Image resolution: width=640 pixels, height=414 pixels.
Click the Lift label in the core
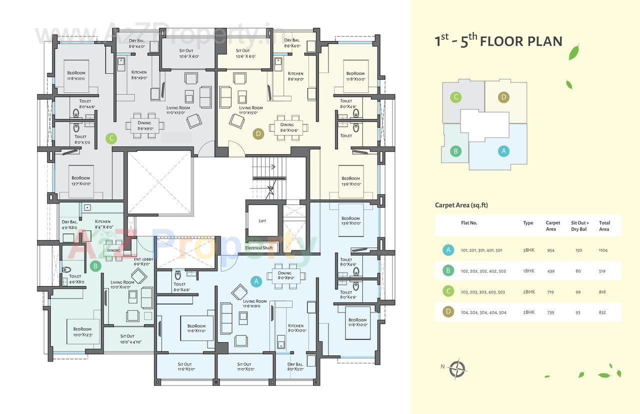pyautogui.click(x=262, y=221)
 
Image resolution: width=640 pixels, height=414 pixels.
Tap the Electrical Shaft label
pyautogui.click(x=258, y=247)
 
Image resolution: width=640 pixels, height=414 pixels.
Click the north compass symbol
pyautogui.click(x=456, y=369)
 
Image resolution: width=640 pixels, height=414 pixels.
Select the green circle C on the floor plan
pyautogui.click(x=111, y=138)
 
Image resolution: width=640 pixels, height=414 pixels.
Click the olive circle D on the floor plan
pyautogui.click(x=258, y=133)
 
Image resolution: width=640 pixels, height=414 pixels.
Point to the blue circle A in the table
pyautogui.click(x=448, y=250)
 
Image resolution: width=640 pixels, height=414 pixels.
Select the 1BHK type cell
pyautogui.click(x=528, y=271)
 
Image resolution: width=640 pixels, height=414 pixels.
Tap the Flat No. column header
pyautogui.click(x=469, y=223)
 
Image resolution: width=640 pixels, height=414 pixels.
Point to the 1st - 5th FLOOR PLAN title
pyautogui.click(x=498, y=41)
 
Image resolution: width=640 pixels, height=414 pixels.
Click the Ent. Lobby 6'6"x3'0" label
pyautogui.click(x=143, y=261)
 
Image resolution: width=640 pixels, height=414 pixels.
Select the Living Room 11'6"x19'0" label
pyautogui.click(x=254, y=303)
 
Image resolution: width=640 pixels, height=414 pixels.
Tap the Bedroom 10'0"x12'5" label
pyautogui.click(x=82, y=331)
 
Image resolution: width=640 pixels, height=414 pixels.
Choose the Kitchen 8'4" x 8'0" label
pyautogui.click(x=102, y=224)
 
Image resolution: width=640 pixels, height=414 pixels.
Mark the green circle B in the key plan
pyautogui.click(x=455, y=151)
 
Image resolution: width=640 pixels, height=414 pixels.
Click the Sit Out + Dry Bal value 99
pyautogui.click(x=578, y=292)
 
